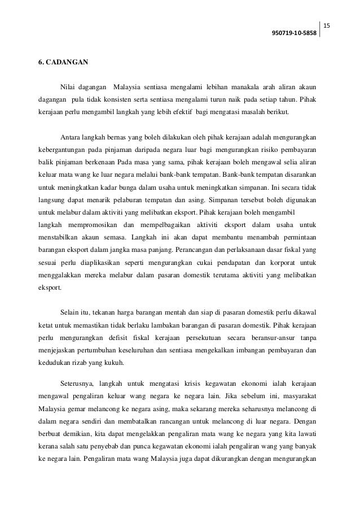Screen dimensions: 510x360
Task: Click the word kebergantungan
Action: coord(64,150)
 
